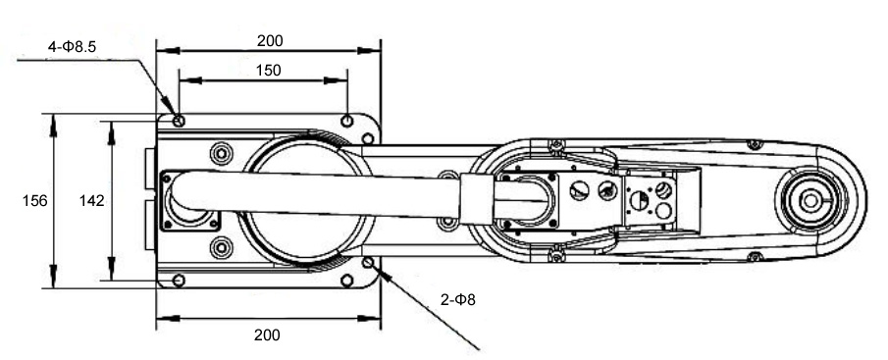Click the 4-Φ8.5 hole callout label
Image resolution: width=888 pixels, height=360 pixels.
[72, 47]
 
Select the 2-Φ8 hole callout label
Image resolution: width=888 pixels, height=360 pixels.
[458, 300]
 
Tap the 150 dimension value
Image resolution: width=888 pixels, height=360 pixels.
[269, 71]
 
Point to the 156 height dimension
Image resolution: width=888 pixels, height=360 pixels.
[34, 200]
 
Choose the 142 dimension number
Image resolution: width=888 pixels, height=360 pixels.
[92, 200]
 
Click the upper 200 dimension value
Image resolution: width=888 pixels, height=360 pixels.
[270, 41]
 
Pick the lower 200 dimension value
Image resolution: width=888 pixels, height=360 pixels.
[267, 335]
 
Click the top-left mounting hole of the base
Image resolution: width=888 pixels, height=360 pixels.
[179, 121]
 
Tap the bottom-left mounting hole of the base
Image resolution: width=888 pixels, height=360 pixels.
[179, 281]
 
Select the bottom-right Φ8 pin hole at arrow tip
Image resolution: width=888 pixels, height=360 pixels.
[368, 262]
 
